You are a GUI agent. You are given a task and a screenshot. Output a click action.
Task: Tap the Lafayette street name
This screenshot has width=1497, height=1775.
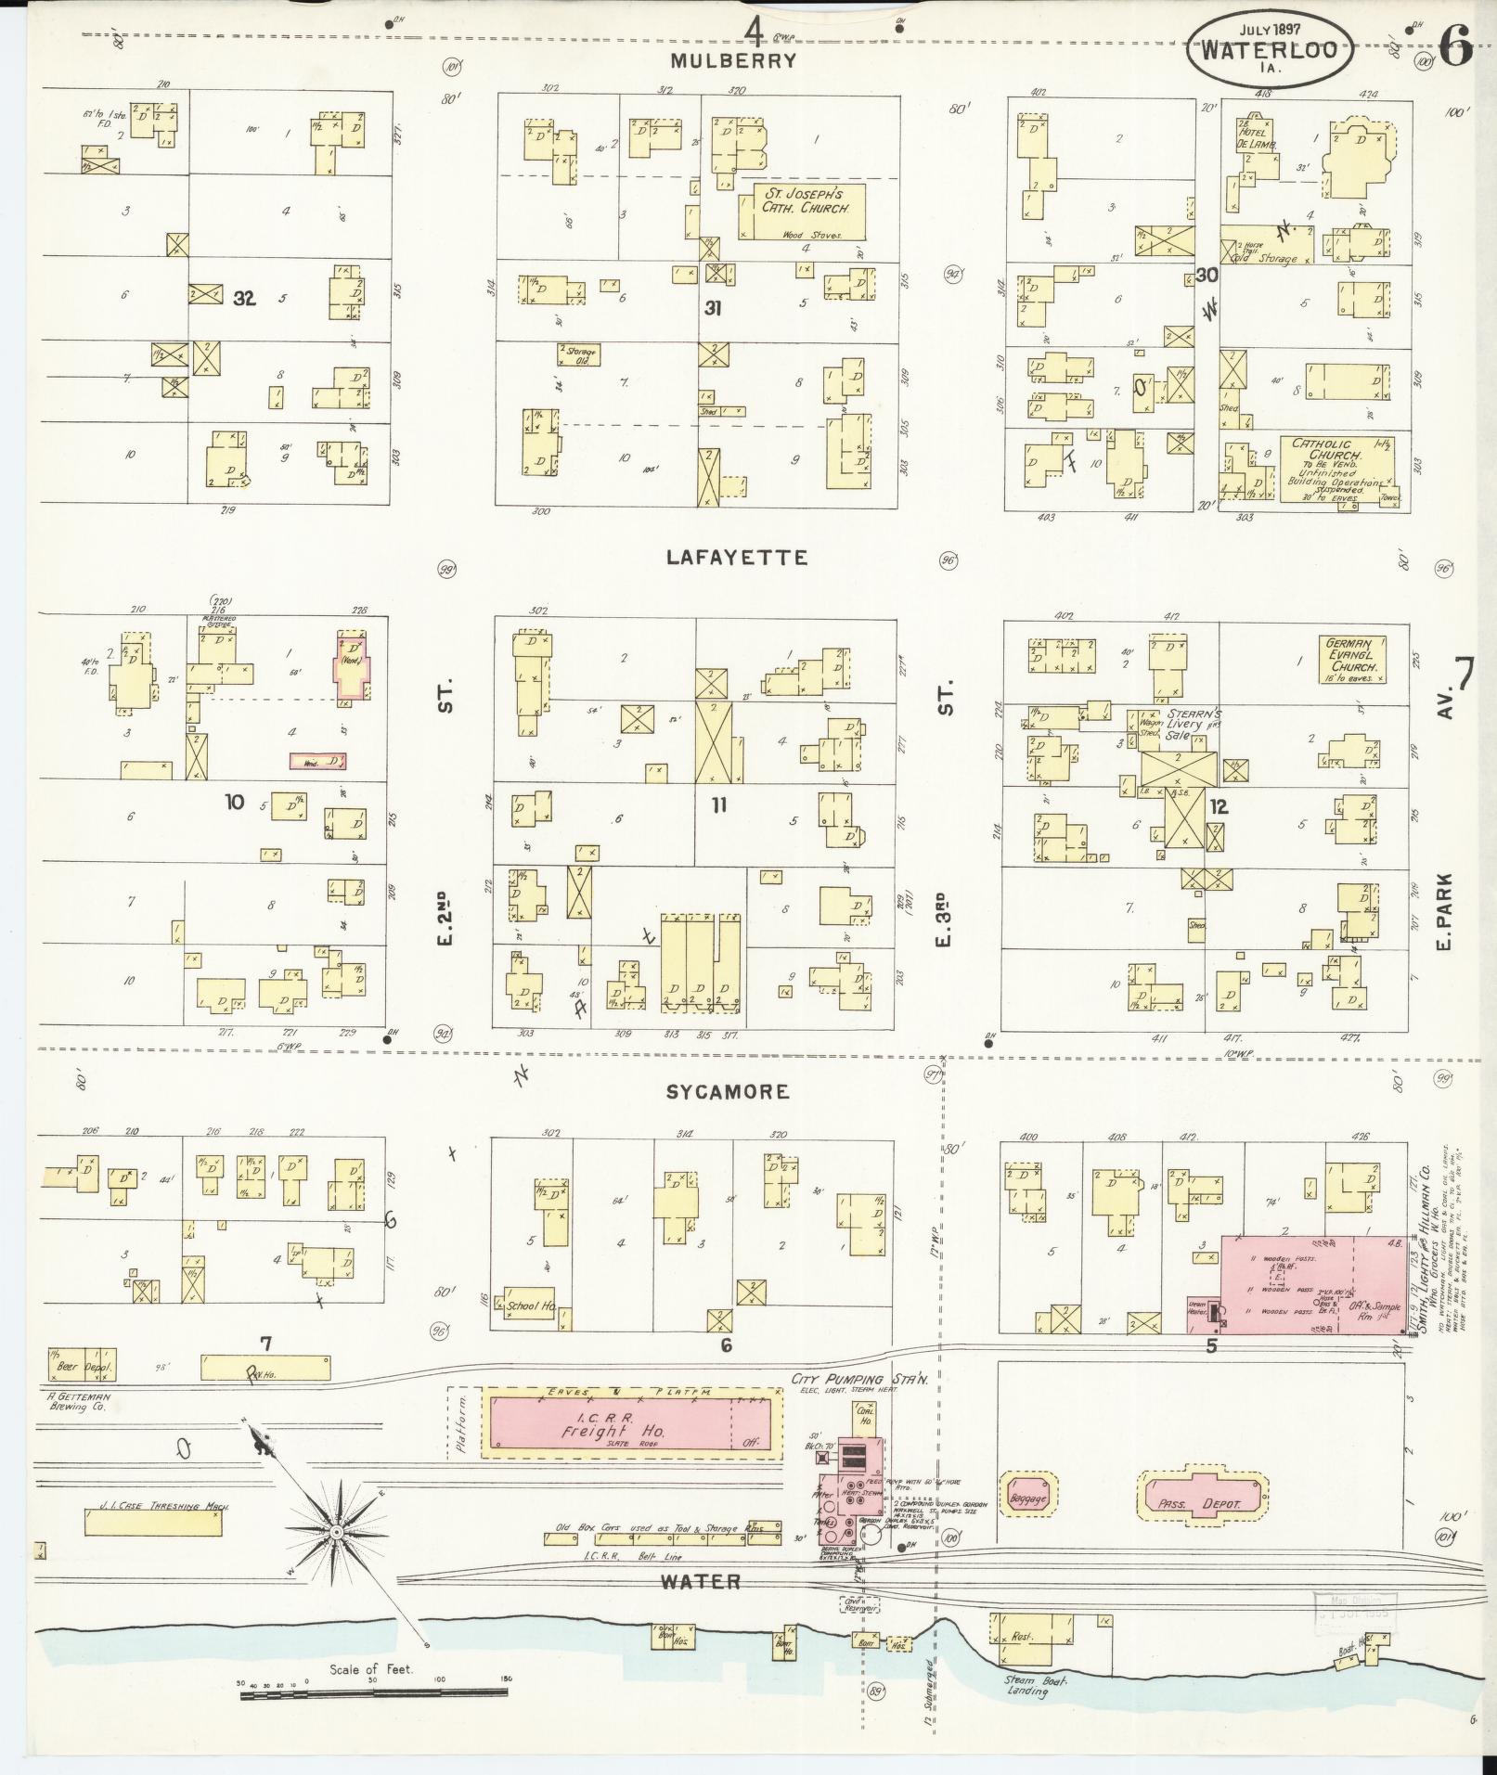coord(737,558)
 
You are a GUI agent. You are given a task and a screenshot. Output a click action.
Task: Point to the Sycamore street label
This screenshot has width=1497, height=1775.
coord(729,1092)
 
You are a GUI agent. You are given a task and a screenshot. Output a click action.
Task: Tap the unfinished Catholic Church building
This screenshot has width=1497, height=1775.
coord(1336,469)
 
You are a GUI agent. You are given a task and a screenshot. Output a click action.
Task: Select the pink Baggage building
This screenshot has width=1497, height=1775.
coord(1027,1498)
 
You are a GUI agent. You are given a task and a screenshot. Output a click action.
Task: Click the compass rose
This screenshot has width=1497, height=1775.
coord(334,1533)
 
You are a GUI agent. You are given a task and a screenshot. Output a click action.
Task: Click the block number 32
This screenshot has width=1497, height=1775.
coord(244,298)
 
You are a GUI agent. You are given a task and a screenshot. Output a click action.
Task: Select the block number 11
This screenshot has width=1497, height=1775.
coord(718,805)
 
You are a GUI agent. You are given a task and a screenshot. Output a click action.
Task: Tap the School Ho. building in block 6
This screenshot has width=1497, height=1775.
coord(530,1305)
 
